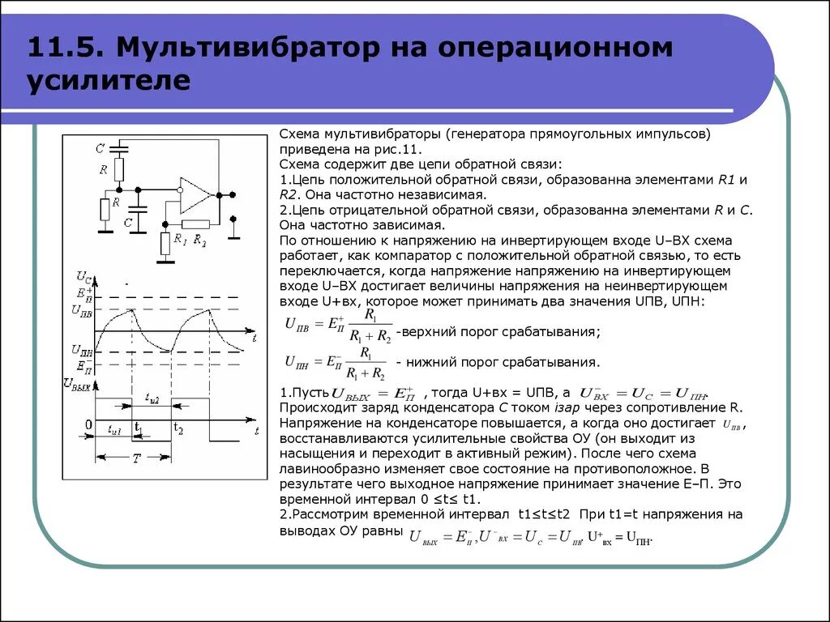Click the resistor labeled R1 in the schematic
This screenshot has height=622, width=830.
tap(167, 242)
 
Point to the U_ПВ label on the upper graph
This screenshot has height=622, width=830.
tap(82, 310)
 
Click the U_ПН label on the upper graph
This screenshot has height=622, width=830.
tap(82, 350)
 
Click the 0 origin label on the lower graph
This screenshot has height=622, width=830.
tap(88, 424)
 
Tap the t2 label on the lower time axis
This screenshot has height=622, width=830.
tap(179, 428)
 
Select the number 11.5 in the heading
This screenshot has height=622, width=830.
tap(64, 47)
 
